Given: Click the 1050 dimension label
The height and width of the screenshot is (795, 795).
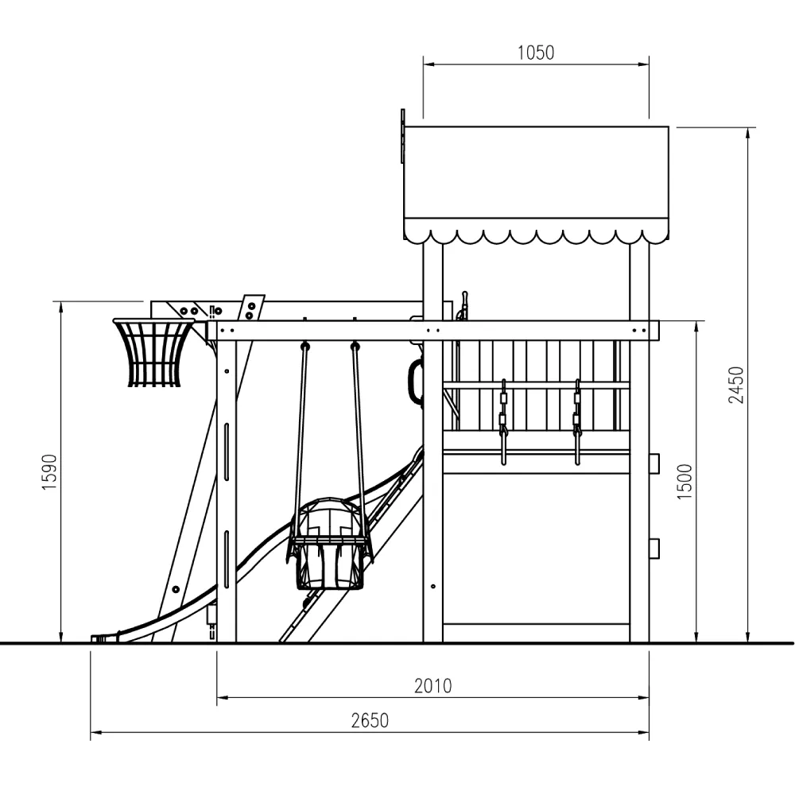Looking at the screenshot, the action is [535, 52].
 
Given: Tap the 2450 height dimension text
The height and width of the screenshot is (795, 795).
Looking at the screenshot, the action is [735, 385].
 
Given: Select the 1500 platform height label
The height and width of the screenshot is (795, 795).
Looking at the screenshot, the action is [684, 482].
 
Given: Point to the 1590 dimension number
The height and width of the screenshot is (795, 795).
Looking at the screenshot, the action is [49, 472].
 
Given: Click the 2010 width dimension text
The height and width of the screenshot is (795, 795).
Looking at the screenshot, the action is [433, 686].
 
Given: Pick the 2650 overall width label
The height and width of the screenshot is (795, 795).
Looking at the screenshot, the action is [370, 720].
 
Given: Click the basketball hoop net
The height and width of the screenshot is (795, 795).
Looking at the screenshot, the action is [153, 353].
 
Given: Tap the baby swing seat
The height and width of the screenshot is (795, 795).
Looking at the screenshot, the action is [330, 544].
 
